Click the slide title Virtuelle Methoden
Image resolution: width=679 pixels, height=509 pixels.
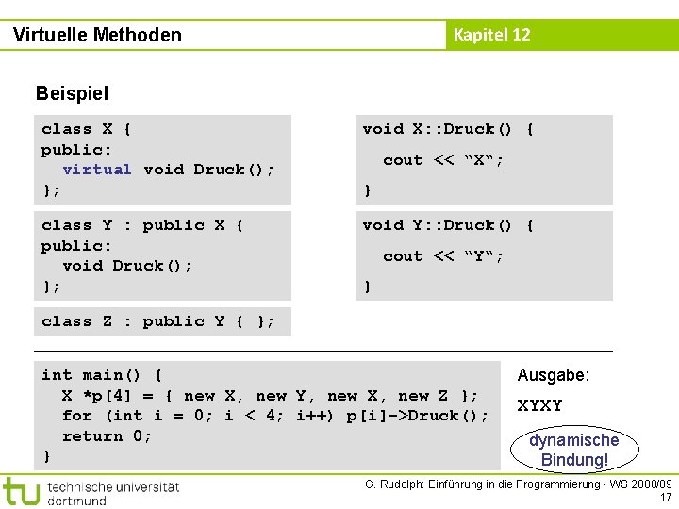click(x=97, y=35)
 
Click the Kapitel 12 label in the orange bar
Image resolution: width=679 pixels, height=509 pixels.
click(x=491, y=35)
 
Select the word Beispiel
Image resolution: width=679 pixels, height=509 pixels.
click(x=72, y=93)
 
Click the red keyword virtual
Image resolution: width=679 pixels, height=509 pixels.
click(x=97, y=170)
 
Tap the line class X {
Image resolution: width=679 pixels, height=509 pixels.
click(x=87, y=129)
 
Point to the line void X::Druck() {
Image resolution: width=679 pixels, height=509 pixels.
click(x=449, y=129)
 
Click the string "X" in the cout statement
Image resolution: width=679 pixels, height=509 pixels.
click(x=481, y=160)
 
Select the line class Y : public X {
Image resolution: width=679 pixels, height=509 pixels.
click(x=143, y=225)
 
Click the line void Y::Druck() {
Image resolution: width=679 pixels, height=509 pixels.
click(x=449, y=225)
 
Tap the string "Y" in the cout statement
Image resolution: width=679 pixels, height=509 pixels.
click(x=481, y=256)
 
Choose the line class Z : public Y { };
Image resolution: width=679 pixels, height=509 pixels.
click(x=158, y=321)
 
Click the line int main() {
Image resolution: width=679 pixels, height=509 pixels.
click(x=102, y=375)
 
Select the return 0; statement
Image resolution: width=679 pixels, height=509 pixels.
click(x=107, y=436)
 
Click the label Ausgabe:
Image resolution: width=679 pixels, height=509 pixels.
click(x=554, y=375)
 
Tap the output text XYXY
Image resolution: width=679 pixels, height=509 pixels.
click(x=539, y=406)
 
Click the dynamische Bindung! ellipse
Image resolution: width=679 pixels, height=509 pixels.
click(x=573, y=450)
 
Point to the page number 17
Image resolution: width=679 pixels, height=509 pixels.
click(x=666, y=498)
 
